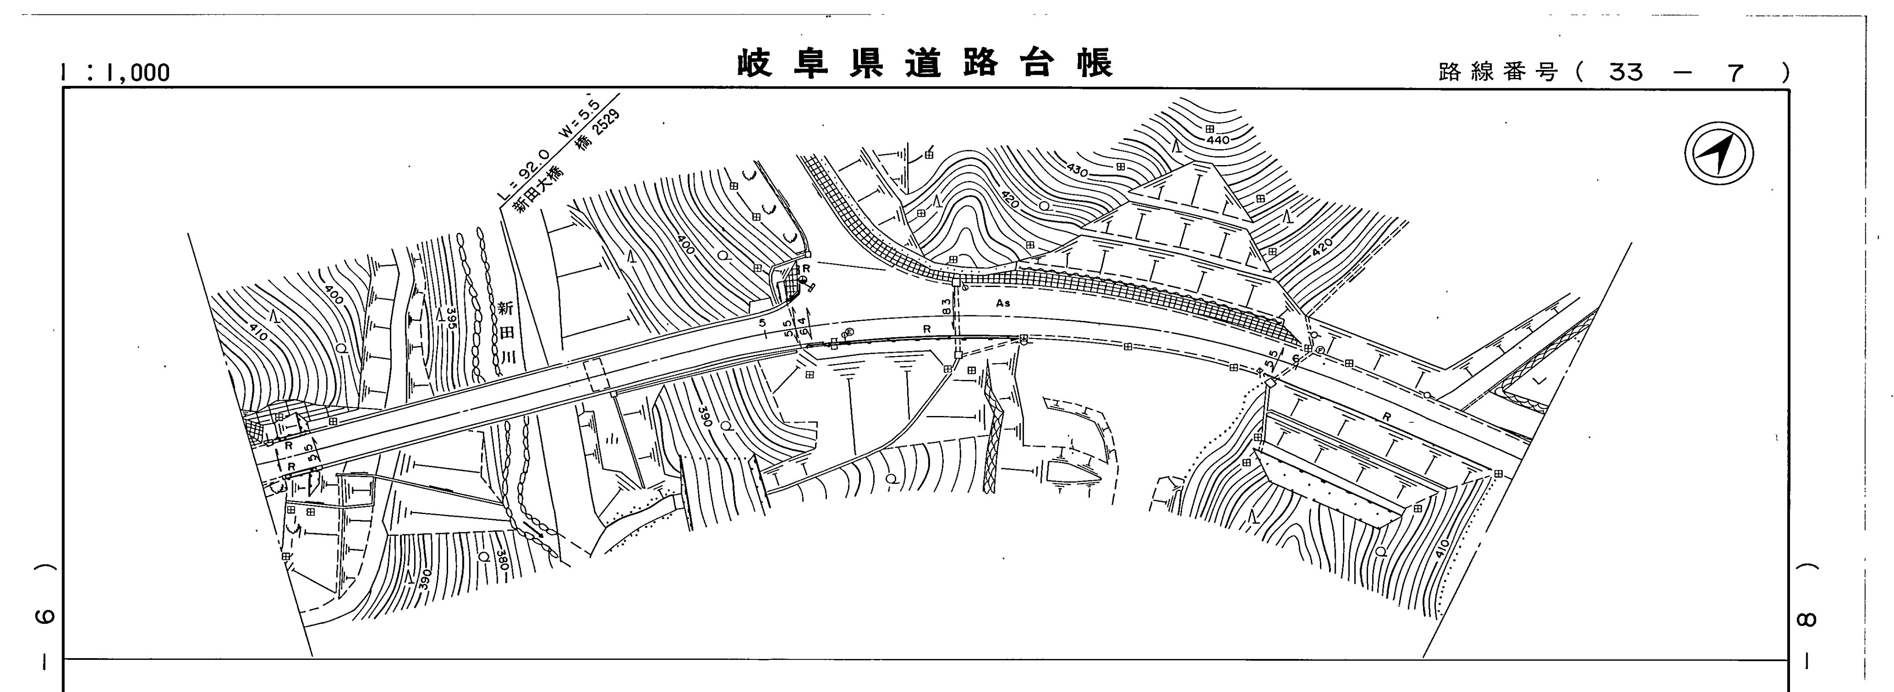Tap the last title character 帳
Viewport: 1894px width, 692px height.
(x=1095, y=64)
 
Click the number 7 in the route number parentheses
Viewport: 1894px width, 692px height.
(x=1736, y=72)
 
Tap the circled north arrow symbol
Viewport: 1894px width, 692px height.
(x=1718, y=154)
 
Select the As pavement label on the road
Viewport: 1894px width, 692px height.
(x=1003, y=303)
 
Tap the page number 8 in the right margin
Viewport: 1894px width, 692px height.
(x=1806, y=621)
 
